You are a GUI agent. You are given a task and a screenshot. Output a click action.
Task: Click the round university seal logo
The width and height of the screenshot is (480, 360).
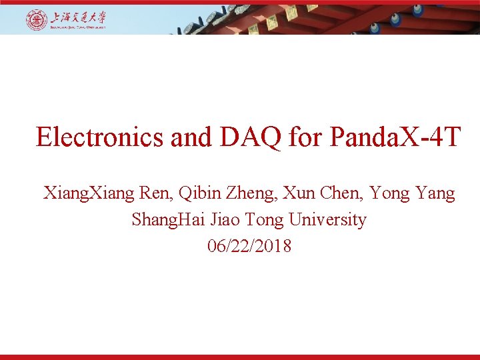coord(37,20)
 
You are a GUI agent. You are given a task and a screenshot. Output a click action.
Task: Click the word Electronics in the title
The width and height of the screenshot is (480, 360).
coord(99,137)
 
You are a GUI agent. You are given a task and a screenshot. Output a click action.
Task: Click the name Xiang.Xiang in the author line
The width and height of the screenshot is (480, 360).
coord(89,194)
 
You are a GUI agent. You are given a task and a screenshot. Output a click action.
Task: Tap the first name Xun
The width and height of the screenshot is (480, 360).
coord(298,194)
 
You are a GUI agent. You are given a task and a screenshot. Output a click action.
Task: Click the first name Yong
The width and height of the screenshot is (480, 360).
coord(386,194)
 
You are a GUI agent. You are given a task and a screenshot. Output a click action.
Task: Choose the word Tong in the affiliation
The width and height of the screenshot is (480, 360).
coord(249,220)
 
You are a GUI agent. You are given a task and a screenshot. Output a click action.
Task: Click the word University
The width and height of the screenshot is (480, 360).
coord(317,220)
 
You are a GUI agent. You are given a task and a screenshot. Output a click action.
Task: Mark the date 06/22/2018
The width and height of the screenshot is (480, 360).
coord(249,246)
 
